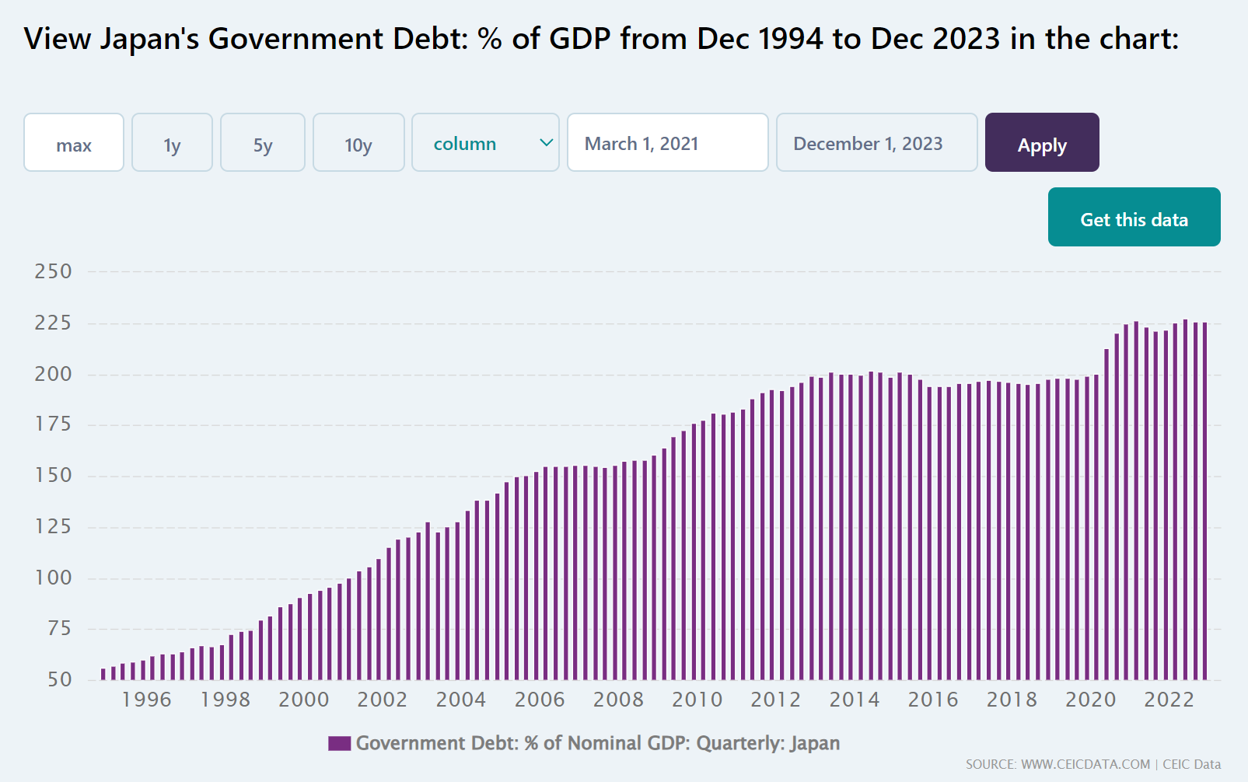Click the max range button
[74, 143]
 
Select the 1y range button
[172, 143]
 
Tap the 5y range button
[263, 143]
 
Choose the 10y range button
[358, 143]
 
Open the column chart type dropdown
[485, 143]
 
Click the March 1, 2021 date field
[667, 143]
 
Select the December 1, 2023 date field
[876, 143]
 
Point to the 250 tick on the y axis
[53, 271]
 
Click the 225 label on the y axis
[53, 323]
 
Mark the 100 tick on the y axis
[53, 578]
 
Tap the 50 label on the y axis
[59, 679]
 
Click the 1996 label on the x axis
[147, 700]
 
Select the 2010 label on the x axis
[697, 700]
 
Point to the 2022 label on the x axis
[1169, 700]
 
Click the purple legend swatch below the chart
[339, 743]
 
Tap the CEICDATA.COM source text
[1085, 765]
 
